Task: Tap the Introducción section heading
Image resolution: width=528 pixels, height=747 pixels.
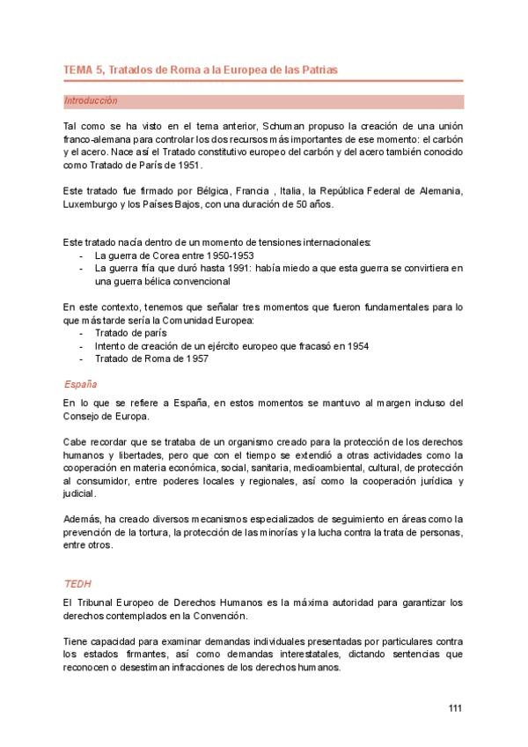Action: pyautogui.click(x=91, y=101)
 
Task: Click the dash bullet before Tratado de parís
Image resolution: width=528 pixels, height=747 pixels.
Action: pyautogui.click(x=82, y=333)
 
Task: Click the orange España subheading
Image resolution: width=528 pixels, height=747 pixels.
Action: pyautogui.click(x=80, y=385)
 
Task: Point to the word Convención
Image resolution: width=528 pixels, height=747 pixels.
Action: pyautogui.click(x=222, y=616)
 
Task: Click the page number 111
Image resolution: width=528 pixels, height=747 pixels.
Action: pyautogui.click(x=455, y=707)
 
